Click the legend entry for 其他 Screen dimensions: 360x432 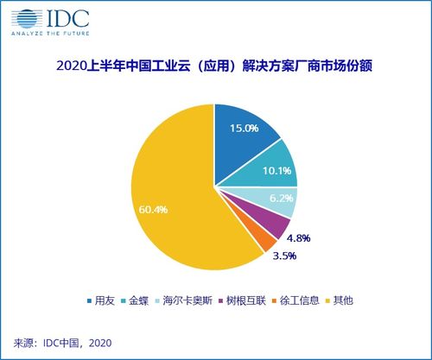coord(362,300)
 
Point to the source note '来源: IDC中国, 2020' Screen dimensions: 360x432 coord(63,342)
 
